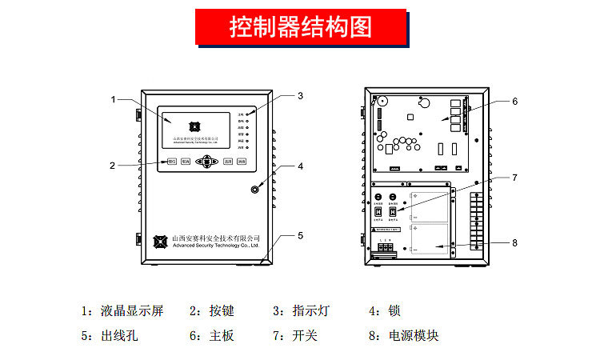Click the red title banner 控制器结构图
[x=301, y=27]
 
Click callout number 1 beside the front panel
[x=114, y=99]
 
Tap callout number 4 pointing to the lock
[x=300, y=167]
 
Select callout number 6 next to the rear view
[x=515, y=102]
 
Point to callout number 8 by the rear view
[x=515, y=242]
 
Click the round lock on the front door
[x=255, y=190]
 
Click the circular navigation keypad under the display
[x=208, y=162]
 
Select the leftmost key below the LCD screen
[x=172, y=162]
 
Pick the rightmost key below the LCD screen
[x=241, y=162]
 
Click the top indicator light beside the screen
[x=248, y=115]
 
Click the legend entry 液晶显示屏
[x=133, y=311]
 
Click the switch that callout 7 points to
[x=393, y=211]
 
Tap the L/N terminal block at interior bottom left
[x=386, y=250]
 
